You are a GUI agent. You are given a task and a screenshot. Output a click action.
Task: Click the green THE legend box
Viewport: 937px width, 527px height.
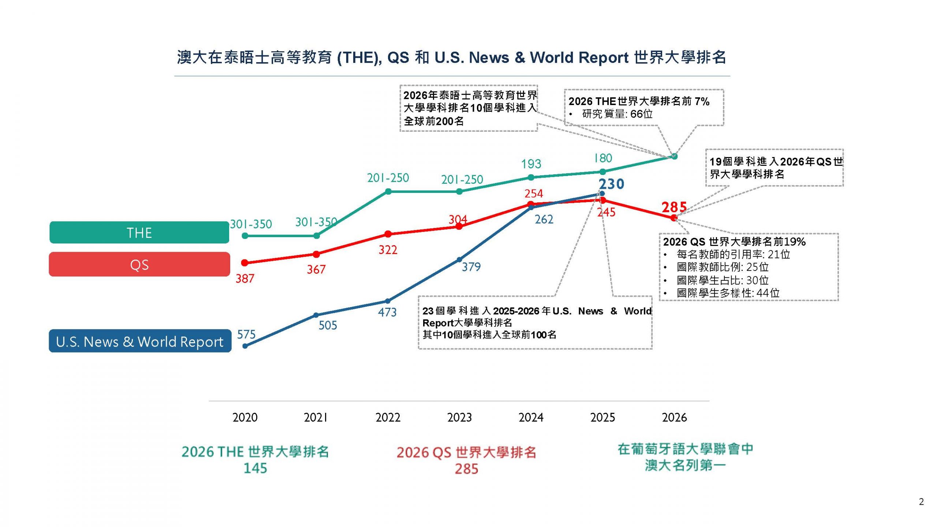[139, 232]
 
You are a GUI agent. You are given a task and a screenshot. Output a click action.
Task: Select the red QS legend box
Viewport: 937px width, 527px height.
[139, 264]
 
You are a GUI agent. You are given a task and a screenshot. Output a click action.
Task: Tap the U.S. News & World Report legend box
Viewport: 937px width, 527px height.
[140, 341]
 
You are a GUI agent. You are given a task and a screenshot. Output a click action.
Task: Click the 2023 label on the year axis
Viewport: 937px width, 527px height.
[459, 417]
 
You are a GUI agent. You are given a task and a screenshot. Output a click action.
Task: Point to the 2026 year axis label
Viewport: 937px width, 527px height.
[674, 417]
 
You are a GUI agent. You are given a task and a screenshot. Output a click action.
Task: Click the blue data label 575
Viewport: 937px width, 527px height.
[246, 334]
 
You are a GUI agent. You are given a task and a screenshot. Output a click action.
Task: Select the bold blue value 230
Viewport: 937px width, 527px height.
[611, 184]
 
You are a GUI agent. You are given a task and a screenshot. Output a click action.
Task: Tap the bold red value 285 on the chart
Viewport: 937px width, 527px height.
[674, 208]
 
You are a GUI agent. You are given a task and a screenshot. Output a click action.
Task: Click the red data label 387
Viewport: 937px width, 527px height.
[244, 279]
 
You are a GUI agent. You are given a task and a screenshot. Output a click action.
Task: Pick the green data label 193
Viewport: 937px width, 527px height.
[531, 164]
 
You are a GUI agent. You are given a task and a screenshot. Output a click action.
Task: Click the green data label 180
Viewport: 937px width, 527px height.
[603, 158]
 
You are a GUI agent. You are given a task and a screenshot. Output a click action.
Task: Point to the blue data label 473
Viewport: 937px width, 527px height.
[387, 312]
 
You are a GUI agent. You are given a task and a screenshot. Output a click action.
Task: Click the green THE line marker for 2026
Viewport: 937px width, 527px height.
[675, 157]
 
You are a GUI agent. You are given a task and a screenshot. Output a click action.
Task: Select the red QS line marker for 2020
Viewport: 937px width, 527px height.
[245, 262]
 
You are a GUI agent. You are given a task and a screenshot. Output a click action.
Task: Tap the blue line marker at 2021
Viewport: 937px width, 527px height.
[316, 315]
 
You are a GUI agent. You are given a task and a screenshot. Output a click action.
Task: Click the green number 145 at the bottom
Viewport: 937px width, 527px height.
[255, 468]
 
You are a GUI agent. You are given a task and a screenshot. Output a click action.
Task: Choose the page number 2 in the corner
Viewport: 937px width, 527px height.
[921, 502]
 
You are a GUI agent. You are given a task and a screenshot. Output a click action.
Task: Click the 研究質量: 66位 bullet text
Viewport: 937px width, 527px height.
[617, 114]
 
